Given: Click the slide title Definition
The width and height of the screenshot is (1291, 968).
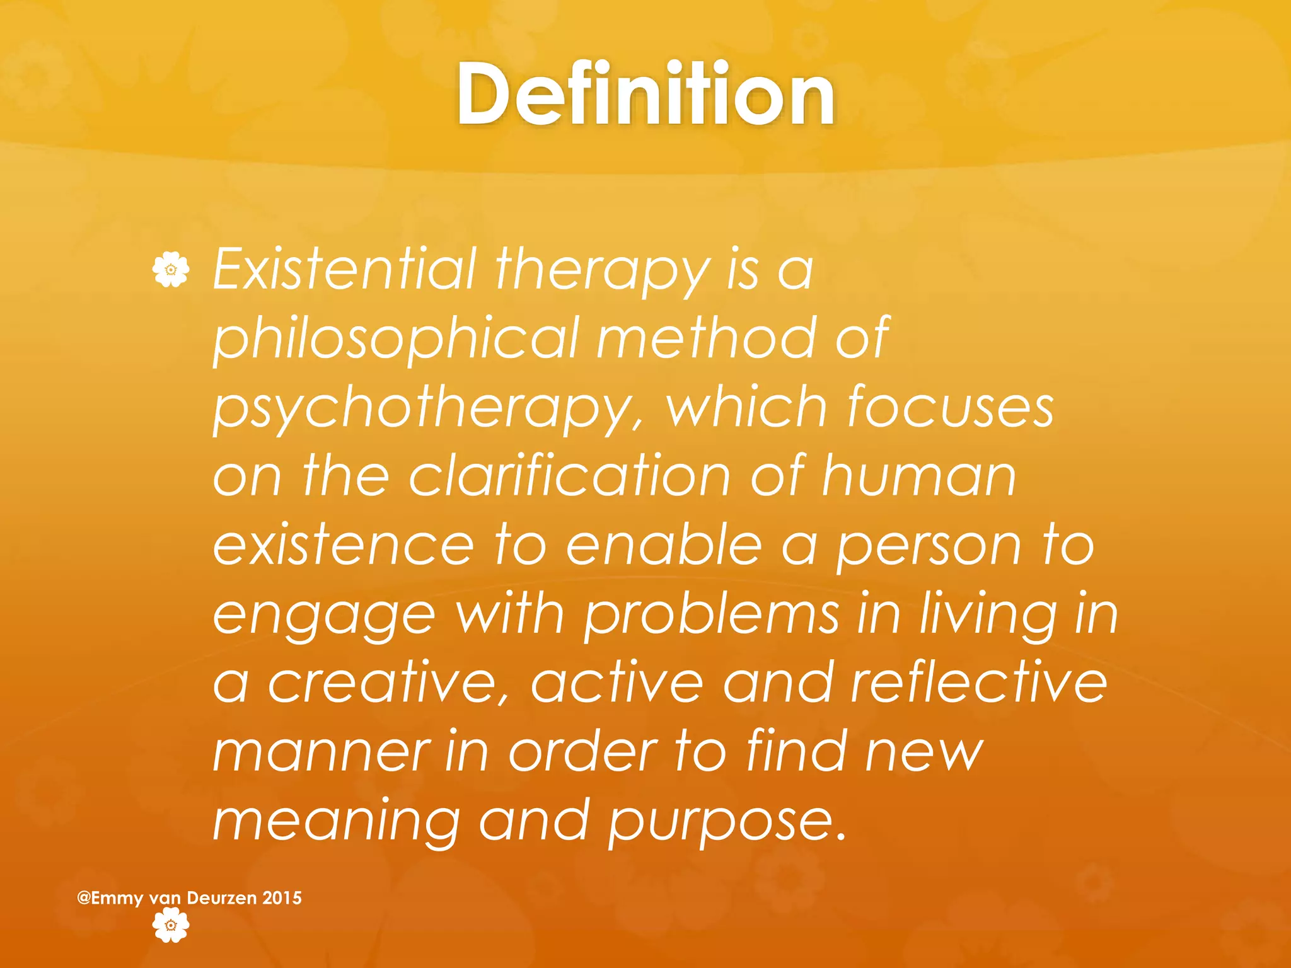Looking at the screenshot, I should tap(645, 96).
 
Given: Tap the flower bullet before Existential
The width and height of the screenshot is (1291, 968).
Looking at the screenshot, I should tap(171, 270).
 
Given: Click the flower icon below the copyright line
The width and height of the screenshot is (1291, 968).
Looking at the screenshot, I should tap(171, 925).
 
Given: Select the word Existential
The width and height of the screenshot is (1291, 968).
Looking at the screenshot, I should tap(344, 270).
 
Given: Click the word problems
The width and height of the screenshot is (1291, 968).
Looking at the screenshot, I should tap(712, 616).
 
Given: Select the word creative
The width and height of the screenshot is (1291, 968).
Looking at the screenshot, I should tap(388, 684).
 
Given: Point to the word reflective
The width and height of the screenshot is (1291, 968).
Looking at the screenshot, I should tap(979, 684).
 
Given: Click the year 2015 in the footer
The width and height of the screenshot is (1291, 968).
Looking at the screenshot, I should tap(282, 898).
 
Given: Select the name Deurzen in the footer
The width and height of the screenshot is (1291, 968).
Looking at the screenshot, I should tap(222, 898).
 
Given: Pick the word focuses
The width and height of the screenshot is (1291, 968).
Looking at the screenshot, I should tap(950, 408).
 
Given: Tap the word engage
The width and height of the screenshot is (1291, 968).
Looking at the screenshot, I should tap(324, 616).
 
